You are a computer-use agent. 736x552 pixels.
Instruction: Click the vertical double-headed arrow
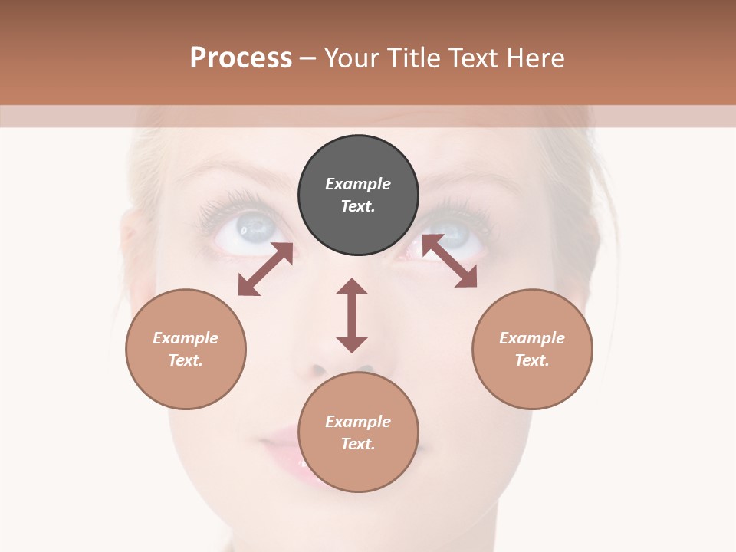(352, 315)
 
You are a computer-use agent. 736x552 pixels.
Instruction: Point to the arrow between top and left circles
(265, 269)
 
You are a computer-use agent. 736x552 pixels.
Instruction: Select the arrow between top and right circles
(449, 261)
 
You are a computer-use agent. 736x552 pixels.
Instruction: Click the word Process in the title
(241, 58)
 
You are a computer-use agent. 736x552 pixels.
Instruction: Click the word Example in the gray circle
(358, 184)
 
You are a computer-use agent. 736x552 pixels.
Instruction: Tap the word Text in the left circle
(186, 360)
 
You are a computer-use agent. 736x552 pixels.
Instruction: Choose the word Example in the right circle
(532, 338)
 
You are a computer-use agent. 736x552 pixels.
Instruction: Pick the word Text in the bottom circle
(357, 444)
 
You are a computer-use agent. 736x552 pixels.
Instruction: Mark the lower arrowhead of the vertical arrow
(352, 343)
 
